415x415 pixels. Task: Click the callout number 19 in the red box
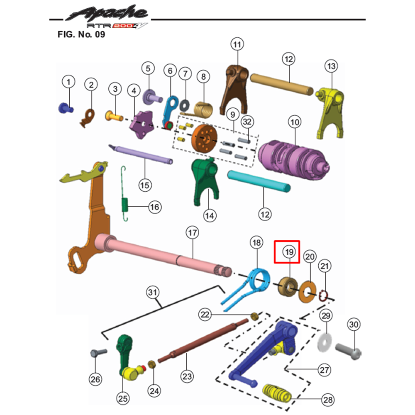[289, 252]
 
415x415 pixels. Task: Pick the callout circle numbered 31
[153, 293]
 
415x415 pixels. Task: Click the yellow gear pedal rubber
[277, 392]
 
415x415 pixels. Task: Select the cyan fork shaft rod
[259, 181]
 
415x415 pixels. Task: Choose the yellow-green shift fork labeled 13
[330, 112]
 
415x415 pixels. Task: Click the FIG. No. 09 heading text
[81, 34]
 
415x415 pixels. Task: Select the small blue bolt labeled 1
[66, 108]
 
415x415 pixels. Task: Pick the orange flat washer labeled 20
[307, 292]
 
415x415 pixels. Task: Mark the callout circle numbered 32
[247, 122]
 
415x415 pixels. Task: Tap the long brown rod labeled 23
[203, 340]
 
